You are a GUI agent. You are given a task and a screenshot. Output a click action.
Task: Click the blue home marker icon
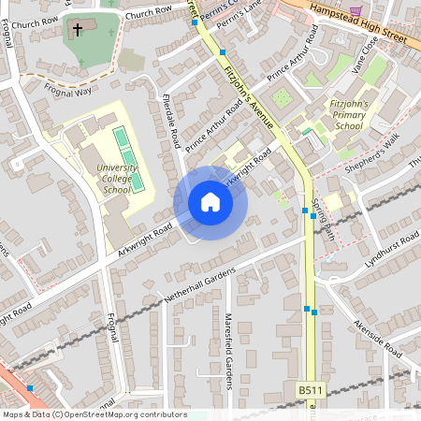coord(210,202)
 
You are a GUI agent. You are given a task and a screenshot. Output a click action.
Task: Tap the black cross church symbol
coord(77,30)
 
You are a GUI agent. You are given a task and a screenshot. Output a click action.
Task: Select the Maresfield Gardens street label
coord(227,351)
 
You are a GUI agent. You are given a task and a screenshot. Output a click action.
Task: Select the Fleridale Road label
coord(170,122)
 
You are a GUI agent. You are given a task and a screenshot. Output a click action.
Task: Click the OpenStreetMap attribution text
coord(94,414)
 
